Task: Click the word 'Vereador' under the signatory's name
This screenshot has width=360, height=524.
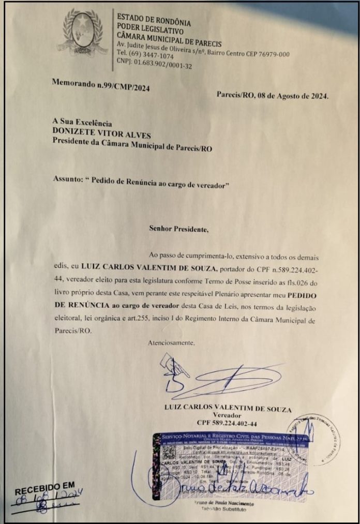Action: (x=227, y=415)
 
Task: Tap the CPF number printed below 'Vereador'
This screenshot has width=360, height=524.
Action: (x=227, y=423)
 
